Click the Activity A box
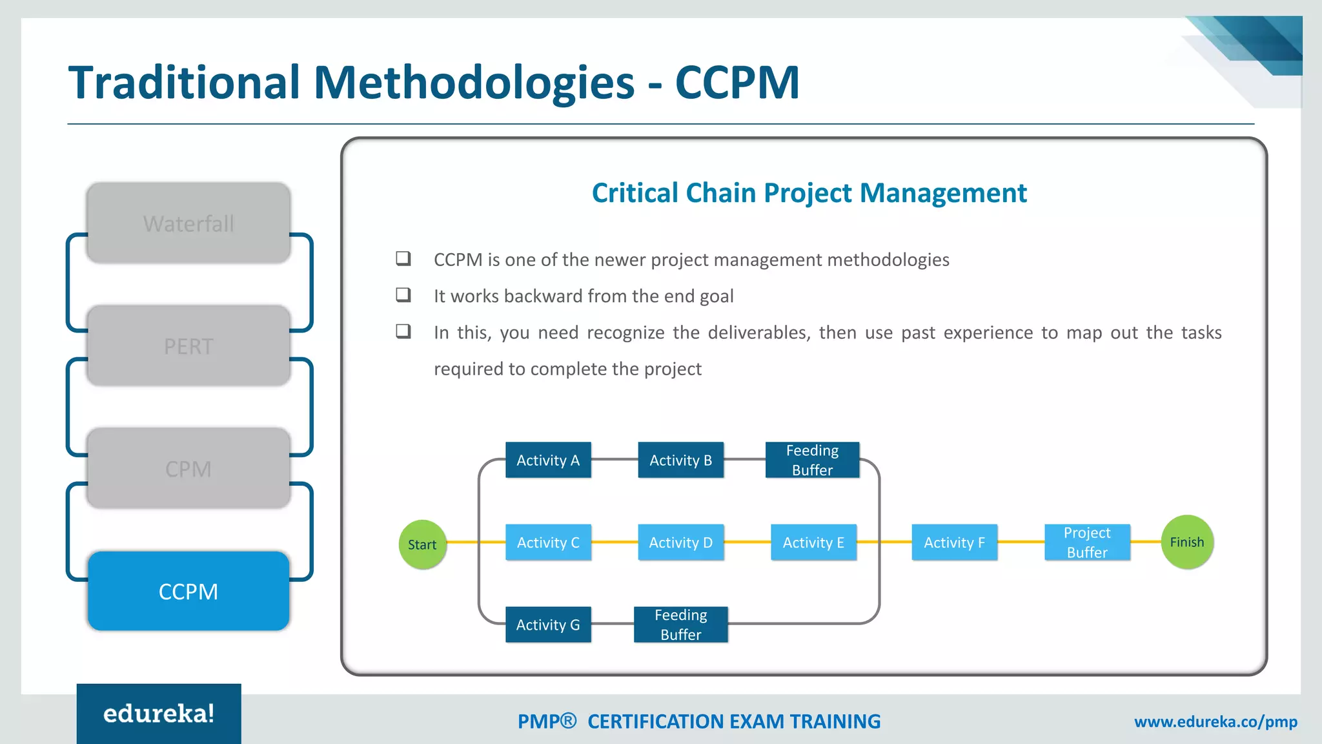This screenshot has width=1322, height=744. coord(548,460)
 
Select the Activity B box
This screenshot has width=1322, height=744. coord(680,460)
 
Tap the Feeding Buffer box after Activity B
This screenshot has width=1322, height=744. coord(812,460)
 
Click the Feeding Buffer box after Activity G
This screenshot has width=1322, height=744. coord(680,625)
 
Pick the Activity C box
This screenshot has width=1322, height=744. coord(548,542)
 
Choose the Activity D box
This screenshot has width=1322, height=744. coord(680,542)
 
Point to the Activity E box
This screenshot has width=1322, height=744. coord(813,542)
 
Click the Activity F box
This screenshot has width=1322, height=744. coord(954,542)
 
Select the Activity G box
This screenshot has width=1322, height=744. coord(548,625)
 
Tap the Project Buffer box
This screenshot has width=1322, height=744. coord(1087,542)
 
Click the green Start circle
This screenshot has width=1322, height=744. coord(422,544)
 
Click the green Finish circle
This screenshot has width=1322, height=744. coord(1187,542)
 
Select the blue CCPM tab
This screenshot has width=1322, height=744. coord(188,591)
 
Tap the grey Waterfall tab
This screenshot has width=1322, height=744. coord(188,223)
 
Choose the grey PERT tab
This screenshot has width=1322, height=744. coord(188,346)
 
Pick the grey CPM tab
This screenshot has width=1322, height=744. coord(188,468)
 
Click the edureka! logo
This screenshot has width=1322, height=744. coord(159,714)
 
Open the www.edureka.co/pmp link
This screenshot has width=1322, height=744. coord(1215,721)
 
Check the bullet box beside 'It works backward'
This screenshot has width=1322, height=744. coord(403,295)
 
